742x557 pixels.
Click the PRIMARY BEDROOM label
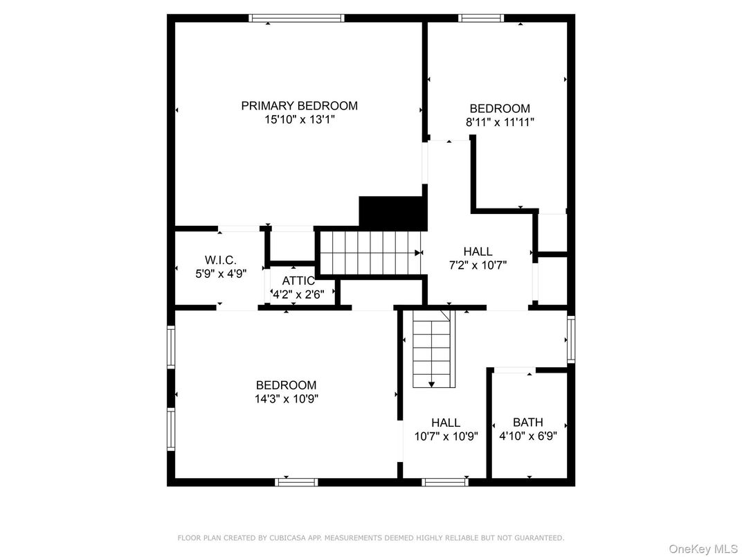tap(299, 106)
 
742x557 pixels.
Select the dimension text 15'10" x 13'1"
tap(299, 120)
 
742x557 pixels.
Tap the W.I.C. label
tap(220, 260)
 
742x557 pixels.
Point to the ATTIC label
tap(298, 281)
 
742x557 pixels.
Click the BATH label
tap(527, 422)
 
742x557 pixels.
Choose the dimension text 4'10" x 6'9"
tap(527, 436)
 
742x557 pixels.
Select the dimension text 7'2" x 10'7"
tap(478, 265)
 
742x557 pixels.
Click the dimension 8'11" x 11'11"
tap(500, 122)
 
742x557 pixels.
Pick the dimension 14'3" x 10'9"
tap(286, 399)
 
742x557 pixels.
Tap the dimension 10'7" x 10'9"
tap(446, 436)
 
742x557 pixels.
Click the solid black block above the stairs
tap(391, 212)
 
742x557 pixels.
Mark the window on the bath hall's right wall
tap(570, 339)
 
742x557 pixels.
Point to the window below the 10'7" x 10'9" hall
tap(443, 481)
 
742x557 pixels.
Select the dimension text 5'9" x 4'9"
tap(220, 274)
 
